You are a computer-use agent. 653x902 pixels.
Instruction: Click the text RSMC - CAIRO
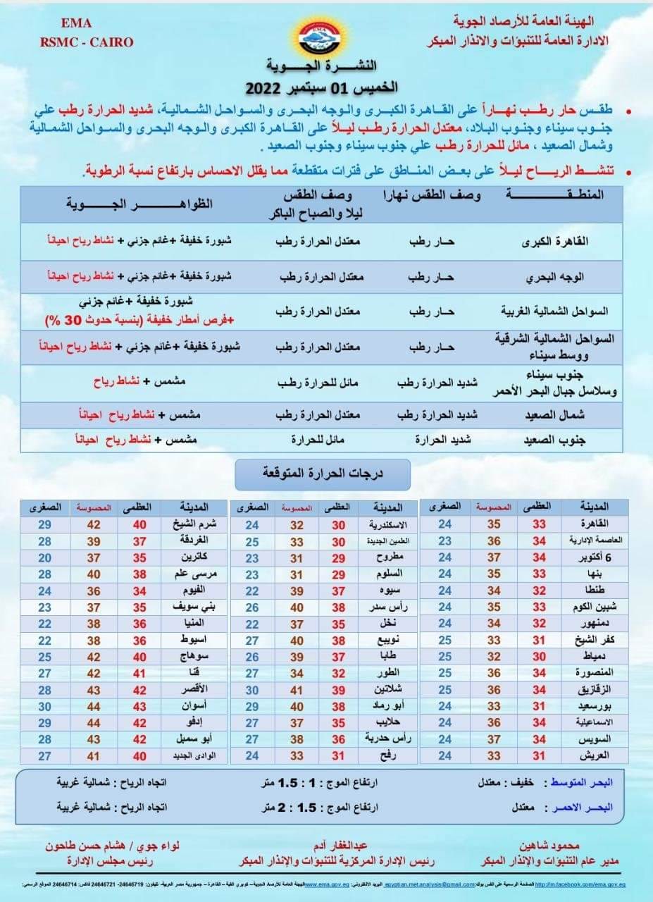point(87,42)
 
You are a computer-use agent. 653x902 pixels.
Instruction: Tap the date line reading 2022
point(321,87)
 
